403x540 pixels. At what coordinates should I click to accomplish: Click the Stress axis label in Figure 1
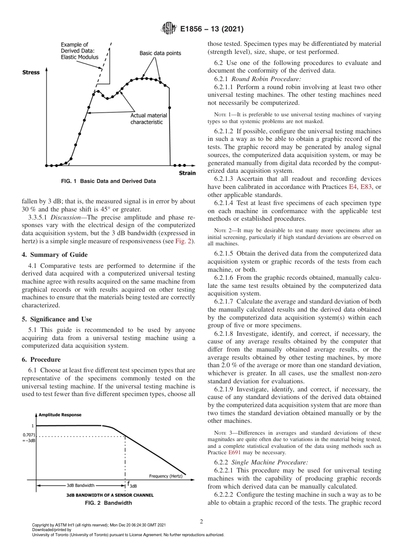[x=31, y=73]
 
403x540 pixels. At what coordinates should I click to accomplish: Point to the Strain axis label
[x=187, y=173]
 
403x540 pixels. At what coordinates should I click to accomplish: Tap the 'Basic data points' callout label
[x=160, y=53]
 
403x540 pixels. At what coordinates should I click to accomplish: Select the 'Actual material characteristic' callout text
[x=148, y=119]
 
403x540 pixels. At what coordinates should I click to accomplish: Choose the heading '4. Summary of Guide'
[x=55, y=255]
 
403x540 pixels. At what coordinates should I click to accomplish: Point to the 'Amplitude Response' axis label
[x=60, y=415]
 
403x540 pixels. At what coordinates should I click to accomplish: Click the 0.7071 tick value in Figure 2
[x=29, y=435]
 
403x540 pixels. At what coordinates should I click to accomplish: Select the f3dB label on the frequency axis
[x=132, y=485]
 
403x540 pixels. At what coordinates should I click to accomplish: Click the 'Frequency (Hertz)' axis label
[x=165, y=476]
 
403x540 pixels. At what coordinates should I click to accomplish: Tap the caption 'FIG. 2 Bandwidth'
[x=109, y=503]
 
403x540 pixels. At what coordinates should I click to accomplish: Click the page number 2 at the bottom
[x=201, y=522]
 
